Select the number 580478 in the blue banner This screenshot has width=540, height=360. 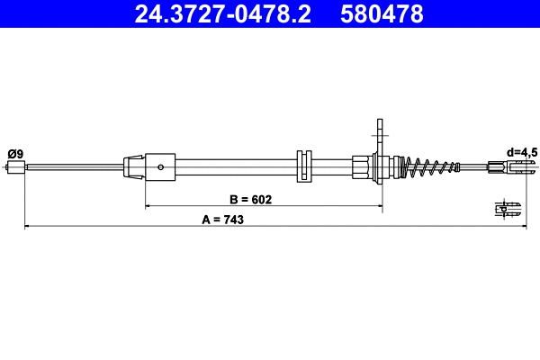tap(383, 13)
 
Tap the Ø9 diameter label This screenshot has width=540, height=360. tap(15, 154)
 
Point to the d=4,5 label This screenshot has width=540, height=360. tap(521, 153)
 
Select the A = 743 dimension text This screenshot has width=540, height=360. tap(229, 219)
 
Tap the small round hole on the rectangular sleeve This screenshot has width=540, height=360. tap(159, 166)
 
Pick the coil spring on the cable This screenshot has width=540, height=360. tap(427, 166)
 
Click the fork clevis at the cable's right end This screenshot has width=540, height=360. tap(505, 166)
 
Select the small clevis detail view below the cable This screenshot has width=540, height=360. tap(508, 208)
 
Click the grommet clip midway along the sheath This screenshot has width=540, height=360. tap(303, 166)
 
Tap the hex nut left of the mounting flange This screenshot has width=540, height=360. tap(361, 166)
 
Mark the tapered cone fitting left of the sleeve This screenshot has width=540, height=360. tap(133, 166)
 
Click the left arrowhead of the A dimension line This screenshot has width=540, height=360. tap(27, 226)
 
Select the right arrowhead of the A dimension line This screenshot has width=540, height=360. tap(520, 226)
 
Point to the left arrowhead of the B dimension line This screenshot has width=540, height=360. tap(149, 206)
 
